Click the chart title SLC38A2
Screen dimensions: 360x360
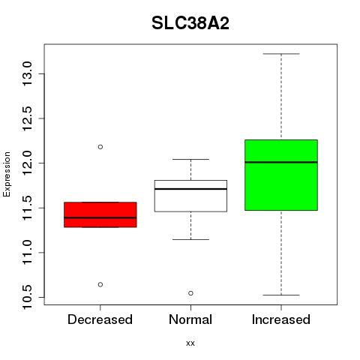190,23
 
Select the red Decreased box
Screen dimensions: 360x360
100,214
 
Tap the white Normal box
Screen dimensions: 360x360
190,196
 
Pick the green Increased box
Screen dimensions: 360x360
281,175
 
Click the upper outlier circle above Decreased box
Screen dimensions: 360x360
100,147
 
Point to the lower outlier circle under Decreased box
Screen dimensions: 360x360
100,284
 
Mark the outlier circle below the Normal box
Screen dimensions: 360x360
190,293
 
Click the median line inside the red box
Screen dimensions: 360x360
100,217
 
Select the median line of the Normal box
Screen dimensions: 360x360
190,189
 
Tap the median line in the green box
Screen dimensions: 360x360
281,162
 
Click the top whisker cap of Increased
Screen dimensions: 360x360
281,54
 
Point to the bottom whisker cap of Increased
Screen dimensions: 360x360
281,295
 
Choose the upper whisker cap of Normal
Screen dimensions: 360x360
190,159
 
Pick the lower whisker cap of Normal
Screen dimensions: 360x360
190,239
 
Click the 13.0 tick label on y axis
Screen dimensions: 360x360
27,73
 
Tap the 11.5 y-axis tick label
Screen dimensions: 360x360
27,208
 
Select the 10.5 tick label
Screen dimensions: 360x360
27,297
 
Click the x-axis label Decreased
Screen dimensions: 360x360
100,319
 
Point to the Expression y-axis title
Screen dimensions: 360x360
7,174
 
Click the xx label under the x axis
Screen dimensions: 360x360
190,343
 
